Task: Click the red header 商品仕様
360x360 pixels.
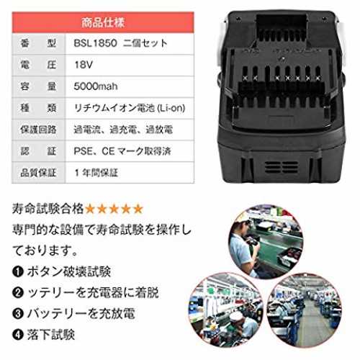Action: point(103,22)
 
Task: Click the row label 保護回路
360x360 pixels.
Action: point(38,130)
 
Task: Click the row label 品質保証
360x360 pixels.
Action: point(38,173)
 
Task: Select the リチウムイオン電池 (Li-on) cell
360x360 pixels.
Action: point(130,108)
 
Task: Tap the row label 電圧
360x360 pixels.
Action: point(38,65)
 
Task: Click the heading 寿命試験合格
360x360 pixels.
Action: point(48,209)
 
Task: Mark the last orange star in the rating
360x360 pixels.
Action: point(138,209)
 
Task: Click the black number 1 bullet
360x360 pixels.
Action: point(18,272)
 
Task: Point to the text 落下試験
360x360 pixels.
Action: point(51,335)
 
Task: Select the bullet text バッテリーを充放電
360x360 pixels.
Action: point(81,314)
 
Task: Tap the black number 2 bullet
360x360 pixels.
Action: point(18,293)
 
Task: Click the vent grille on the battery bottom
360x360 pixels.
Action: point(282,167)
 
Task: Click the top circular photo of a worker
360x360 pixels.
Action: point(266,241)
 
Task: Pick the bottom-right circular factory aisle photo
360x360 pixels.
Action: point(304,310)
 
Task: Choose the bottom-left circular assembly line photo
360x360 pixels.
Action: point(226,310)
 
